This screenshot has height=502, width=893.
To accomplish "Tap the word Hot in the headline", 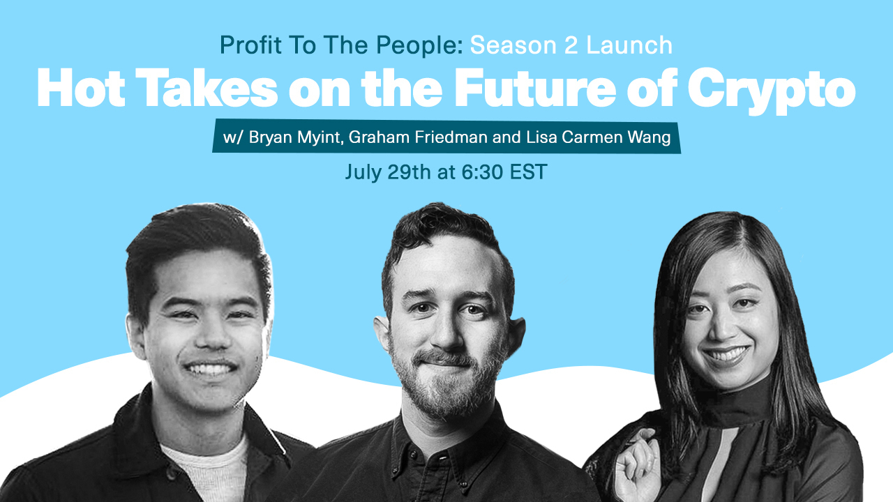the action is (80, 88).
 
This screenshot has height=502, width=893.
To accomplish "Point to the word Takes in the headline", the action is (209, 88).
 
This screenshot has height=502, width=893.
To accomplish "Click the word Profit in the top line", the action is (250, 45).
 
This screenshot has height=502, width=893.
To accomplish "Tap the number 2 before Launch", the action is (571, 45).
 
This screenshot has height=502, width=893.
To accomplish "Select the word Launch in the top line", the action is (629, 45).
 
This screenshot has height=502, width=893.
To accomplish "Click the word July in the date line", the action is (363, 172).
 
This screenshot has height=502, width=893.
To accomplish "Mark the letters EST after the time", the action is (528, 172).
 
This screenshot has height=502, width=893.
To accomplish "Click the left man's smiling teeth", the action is (210, 369).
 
